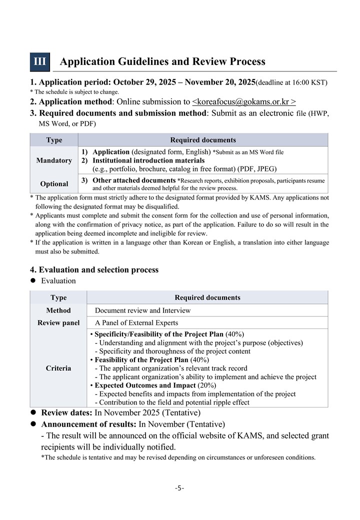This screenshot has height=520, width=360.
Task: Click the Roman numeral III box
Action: point(40,61)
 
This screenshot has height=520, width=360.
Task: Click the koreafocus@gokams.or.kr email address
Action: point(244,101)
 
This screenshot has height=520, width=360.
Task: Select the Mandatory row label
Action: point(54,160)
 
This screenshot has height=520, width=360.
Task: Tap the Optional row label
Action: point(54,183)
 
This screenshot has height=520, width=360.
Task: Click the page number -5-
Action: point(179,488)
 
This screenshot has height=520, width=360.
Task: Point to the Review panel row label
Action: point(58,322)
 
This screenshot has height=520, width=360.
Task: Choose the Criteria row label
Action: point(58,368)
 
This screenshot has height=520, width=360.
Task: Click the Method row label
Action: point(58,310)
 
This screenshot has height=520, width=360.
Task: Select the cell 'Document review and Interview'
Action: point(142,310)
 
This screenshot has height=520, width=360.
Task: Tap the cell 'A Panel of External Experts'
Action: point(136,322)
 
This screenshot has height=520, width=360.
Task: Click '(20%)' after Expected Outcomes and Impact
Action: point(207,385)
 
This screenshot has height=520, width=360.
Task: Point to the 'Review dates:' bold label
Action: point(66,412)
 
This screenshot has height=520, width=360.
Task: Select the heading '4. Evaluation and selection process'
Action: point(94,270)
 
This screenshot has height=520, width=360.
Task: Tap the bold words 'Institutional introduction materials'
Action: point(148,160)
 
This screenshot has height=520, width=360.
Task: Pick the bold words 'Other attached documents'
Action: point(134,180)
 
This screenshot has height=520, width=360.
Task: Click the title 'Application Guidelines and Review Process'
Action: point(162,61)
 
